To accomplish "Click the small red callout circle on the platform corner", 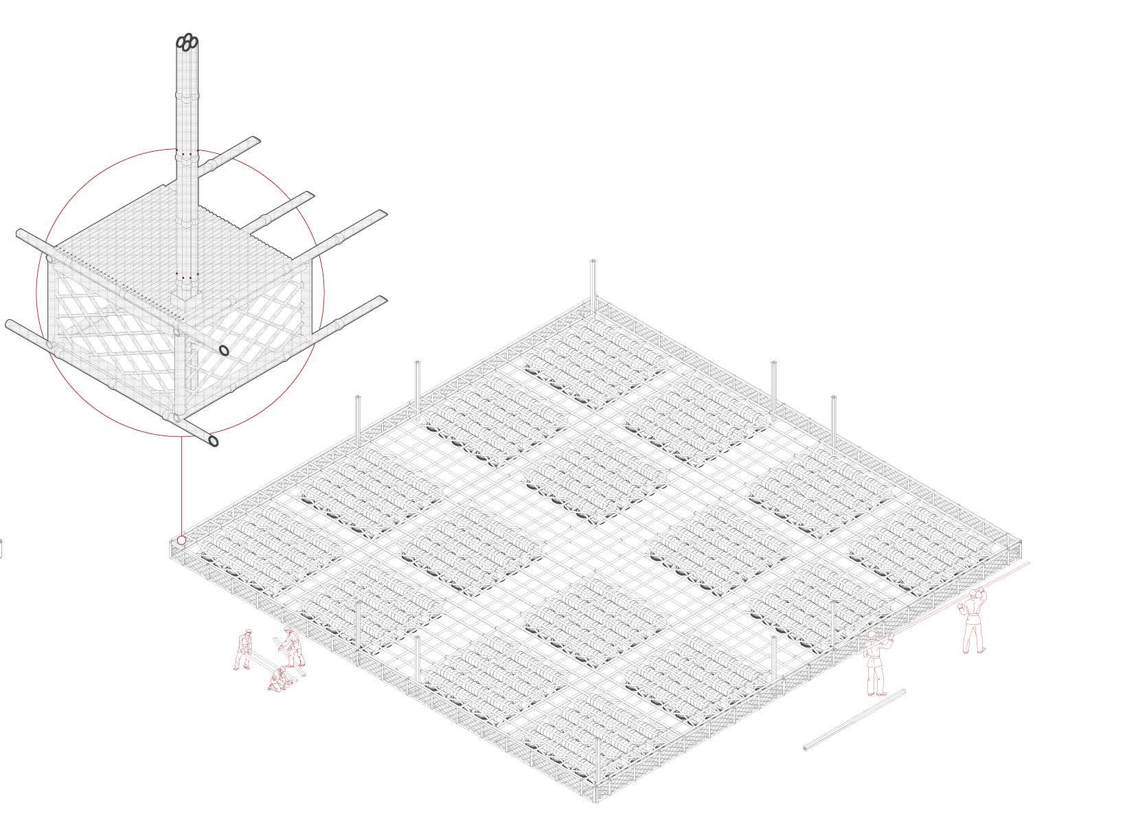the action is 181,540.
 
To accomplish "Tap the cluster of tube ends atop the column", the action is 187,42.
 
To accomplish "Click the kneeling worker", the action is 279,679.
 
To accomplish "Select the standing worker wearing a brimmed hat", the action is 243,649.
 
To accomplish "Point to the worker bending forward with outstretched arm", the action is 293,647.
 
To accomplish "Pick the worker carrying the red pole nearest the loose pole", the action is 876,663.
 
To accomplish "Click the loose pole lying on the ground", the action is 854,720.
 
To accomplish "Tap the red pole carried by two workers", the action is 961,598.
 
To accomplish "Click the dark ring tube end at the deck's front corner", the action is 223,350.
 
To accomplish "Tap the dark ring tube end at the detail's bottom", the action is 214,440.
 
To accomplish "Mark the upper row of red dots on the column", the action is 187,154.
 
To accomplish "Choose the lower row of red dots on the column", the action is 187,275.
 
